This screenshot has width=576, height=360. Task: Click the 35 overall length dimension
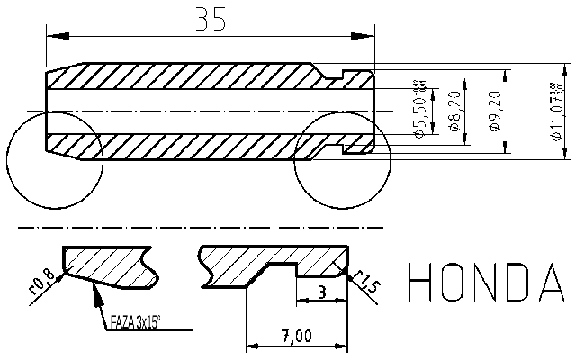[x=211, y=21]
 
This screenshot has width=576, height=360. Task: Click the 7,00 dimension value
[x=296, y=336]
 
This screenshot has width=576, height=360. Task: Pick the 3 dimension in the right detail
[x=321, y=292]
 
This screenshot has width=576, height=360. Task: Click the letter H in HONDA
[x=424, y=283]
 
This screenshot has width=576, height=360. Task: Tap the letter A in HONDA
[x=553, y=283]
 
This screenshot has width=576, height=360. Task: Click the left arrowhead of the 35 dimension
[x=52, y=36]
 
